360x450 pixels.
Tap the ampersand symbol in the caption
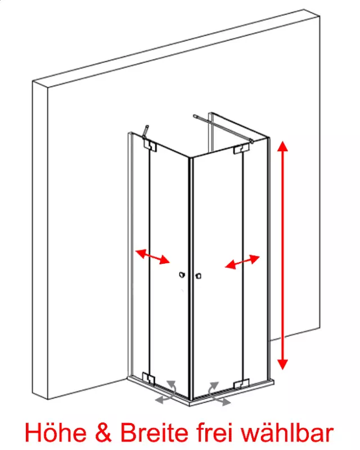tap(103, 433)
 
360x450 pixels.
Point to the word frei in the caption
tap(215, 432)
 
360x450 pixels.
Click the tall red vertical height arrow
tap(283, 255)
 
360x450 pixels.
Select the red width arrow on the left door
tap(152, 256)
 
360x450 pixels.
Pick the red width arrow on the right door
tap(242, 262)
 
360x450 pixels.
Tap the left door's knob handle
tap(182, 275)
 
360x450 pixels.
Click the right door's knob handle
tap(198, 276)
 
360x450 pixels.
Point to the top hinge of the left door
tap(150, 146)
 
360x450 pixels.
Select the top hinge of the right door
tap(241, 149)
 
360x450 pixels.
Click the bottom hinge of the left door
tap(148, 377)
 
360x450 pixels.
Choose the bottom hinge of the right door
tap(241, 384)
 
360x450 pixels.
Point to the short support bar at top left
tap(145, 132)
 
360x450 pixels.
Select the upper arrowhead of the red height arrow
tap(283, 146)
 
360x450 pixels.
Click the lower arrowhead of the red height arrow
tap(283, 364)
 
